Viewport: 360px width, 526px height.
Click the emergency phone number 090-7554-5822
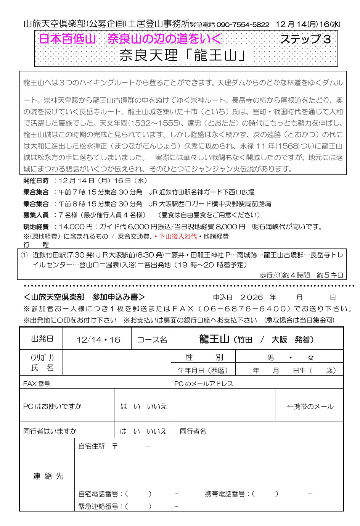pyautogui.click(x=243, y=24)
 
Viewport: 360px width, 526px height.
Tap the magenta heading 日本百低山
pyautogui.click(x=67, y=39)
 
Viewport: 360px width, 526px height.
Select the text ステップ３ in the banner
pyautogui.click(x=305, y=39)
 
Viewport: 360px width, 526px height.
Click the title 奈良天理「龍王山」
pyautogui.click(x=183, y=55)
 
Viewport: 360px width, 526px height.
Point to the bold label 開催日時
pyautogui.click(x=36, y=181)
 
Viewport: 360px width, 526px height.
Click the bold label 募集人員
pyautogui.click(x=36, y=215)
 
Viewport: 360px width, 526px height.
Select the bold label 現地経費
pyautogui.click(x=36, y=227)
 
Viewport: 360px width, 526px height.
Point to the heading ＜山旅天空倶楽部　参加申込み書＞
pyautogui.click(x=84, y=297)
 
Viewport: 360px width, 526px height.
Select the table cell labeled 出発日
pyautogui.click(x=42, y=339)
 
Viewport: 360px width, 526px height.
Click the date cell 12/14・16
pyautogui.click(x=98, y=339)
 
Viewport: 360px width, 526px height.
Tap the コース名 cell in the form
pyautogui.click(x=152, y=339)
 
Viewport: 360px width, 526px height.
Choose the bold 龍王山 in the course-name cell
pyautogui.click(x=214, y=339)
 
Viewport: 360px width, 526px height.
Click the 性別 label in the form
pyautogui.click(x=204, y=357)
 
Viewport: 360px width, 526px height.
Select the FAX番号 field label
pyautogui.click(x=37, y=384)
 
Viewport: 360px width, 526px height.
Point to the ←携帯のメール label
pyautogui.click(x=310, y=407)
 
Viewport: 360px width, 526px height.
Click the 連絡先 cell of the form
pyautogui.click(x=48, y=476)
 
